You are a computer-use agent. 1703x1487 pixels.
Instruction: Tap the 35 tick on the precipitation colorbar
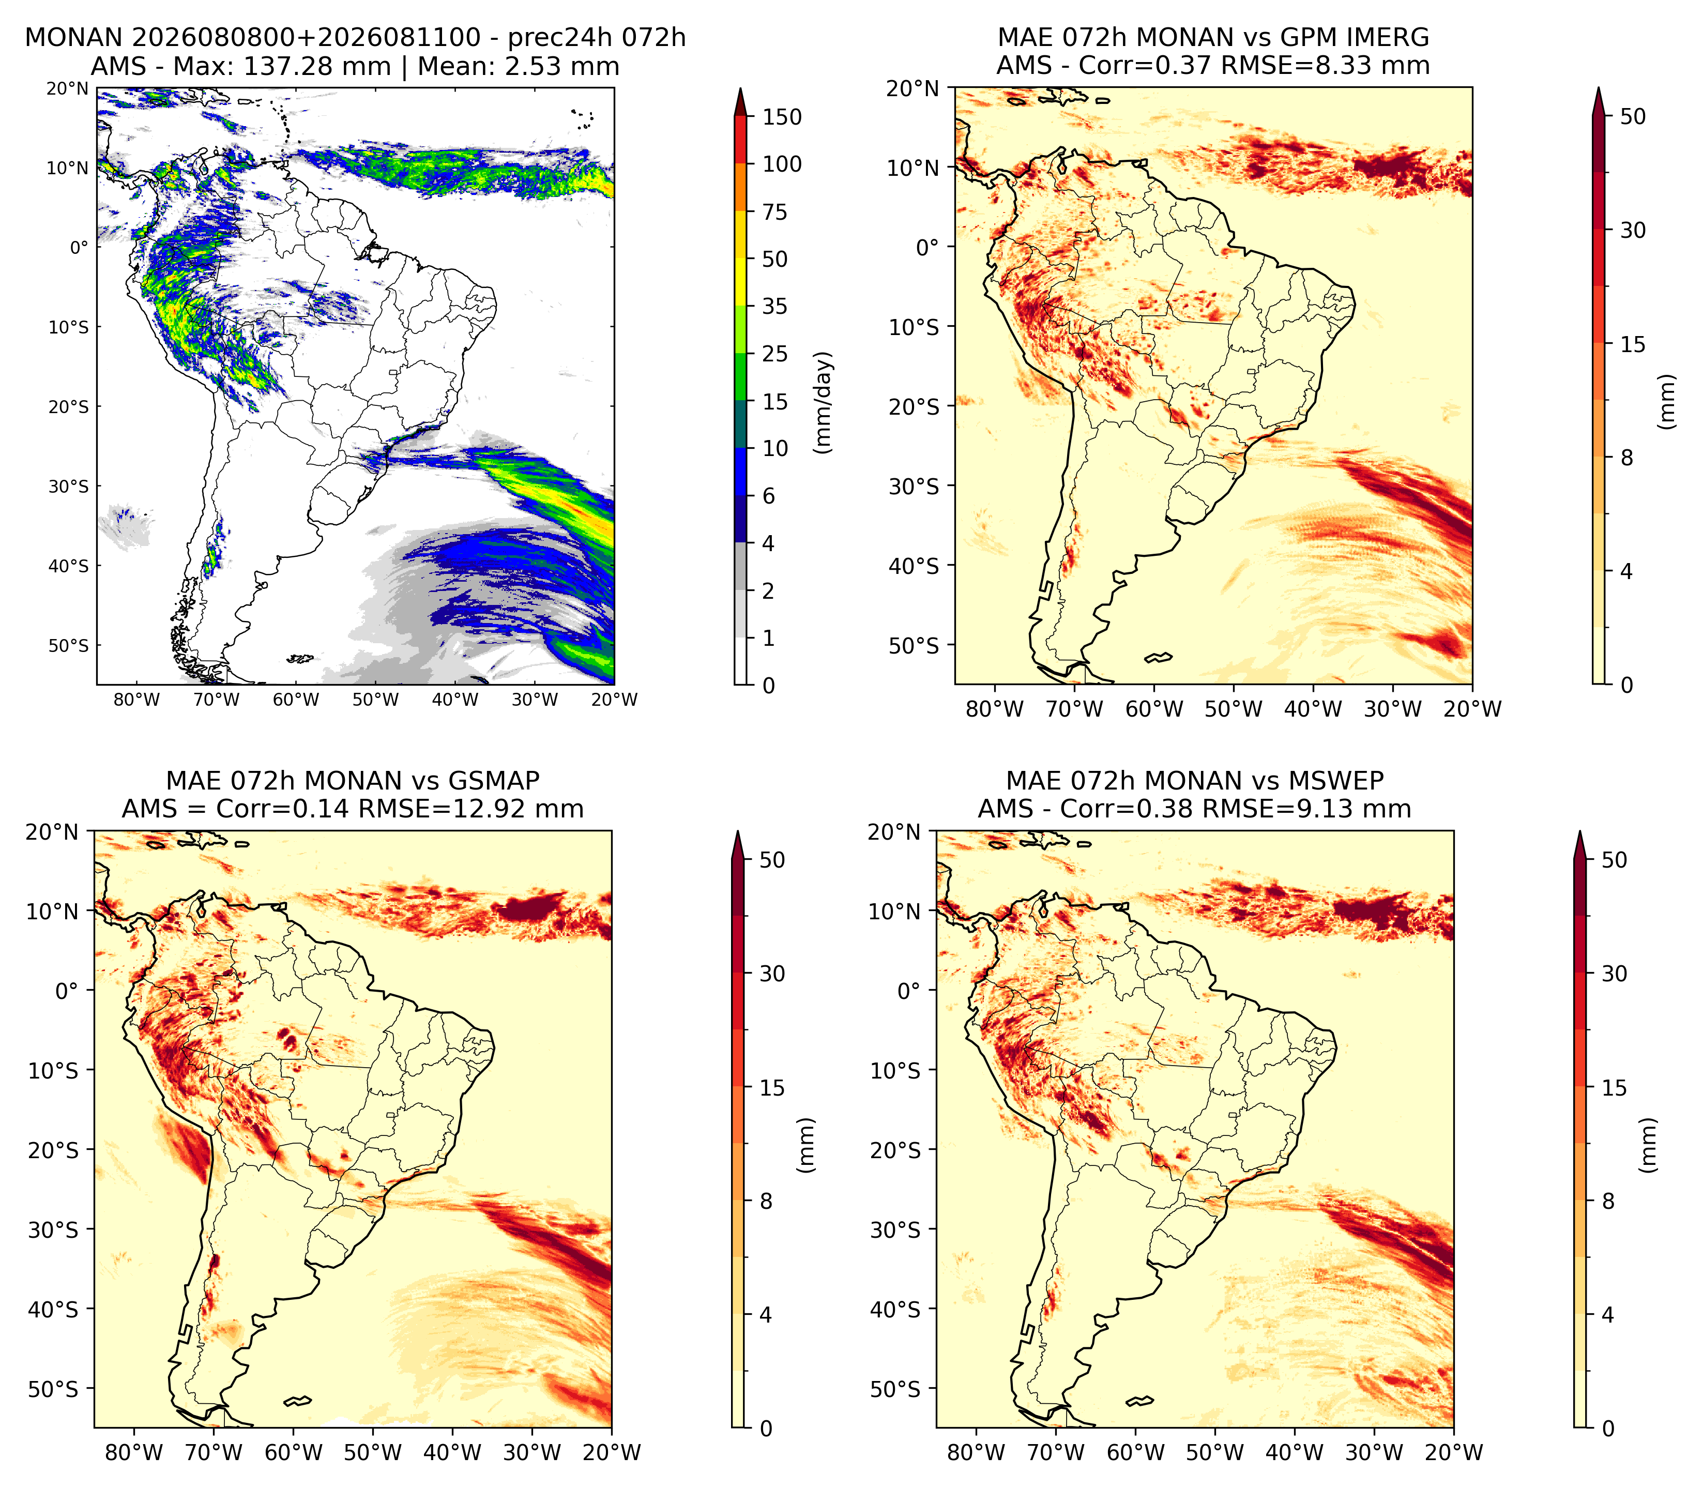(x=775, y=306)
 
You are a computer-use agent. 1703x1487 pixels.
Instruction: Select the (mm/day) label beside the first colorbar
(x=823, y=402)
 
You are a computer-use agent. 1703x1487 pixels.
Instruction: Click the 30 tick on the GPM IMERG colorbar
(x=1633, y=230)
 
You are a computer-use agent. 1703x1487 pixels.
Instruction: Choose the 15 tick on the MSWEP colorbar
(x=1614, y=1087)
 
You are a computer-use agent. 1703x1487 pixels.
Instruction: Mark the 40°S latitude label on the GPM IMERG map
(x=915, y=566)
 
